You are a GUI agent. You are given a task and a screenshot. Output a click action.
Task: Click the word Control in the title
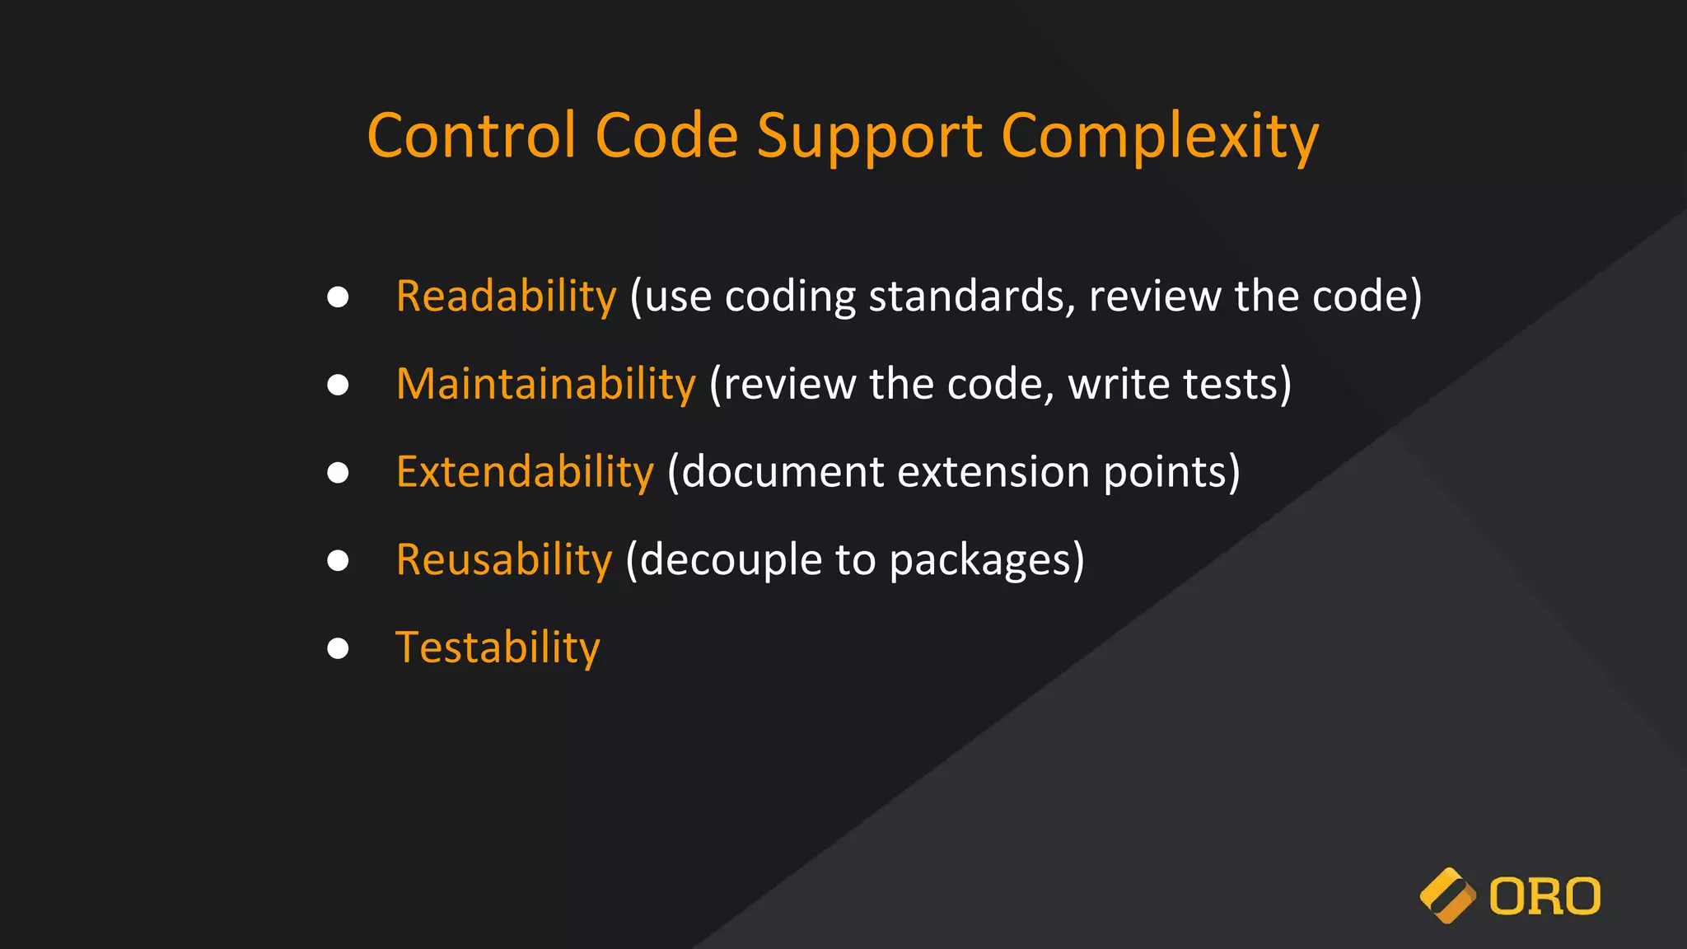point(471,136)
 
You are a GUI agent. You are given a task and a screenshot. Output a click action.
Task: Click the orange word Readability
point(506,297)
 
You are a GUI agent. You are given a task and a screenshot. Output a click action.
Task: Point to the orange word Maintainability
point(545,385)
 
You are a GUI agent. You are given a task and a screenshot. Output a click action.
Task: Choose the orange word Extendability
point(525,472)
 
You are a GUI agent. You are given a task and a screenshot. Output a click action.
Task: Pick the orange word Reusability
point(504,560)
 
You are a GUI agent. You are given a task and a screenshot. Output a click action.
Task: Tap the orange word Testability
point(498,648)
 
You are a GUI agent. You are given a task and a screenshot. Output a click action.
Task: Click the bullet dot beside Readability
point(338,297)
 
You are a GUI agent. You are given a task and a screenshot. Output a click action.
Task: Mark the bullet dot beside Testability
point(338,648)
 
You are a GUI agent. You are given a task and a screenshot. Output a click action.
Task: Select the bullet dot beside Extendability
point(338,473)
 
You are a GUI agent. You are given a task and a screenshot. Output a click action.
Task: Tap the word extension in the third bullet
point(993,472)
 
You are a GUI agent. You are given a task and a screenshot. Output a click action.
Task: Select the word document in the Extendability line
point(783,472)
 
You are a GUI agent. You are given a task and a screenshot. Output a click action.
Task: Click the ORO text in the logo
point(1544,897)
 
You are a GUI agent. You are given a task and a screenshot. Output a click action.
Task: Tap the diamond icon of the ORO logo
point(1447,896)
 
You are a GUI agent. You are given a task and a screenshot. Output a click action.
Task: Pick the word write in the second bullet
point(1119,385)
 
